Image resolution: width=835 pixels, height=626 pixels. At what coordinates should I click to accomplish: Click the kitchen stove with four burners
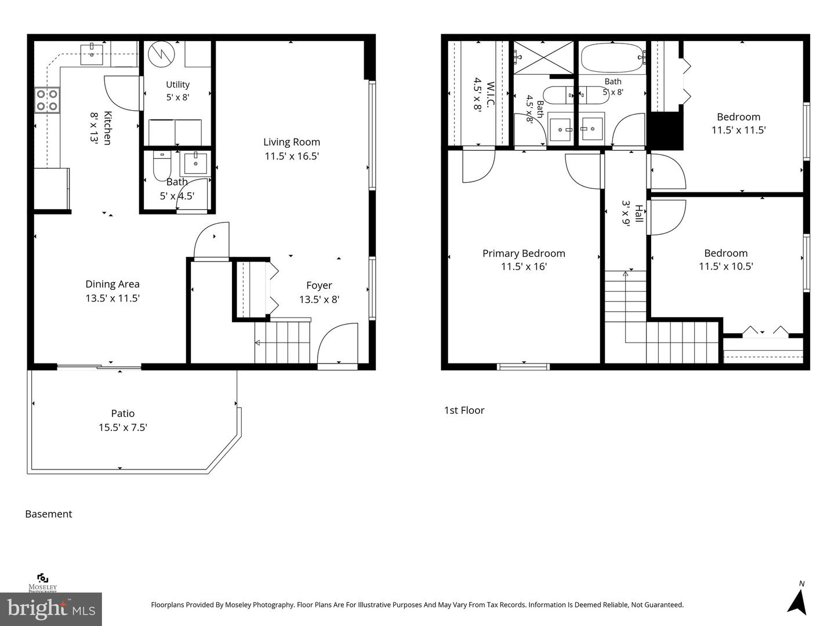point(47,100)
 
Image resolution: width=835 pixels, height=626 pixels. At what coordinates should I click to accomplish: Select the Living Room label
point(292,142)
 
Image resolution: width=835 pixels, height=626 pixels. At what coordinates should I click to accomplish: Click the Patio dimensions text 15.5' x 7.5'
point(123,428)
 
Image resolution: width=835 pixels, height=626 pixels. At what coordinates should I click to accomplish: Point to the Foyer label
point(319,285)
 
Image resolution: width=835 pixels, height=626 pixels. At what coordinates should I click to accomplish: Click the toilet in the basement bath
point(162,166)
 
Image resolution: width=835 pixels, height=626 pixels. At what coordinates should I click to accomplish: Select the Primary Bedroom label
point(524,253)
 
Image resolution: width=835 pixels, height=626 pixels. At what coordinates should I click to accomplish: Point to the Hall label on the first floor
point(638,214)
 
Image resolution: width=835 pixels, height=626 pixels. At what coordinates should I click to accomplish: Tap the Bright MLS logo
point(51,609)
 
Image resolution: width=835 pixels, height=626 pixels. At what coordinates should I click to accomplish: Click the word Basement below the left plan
point(49,514)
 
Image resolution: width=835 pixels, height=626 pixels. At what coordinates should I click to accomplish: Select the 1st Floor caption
point(464,410)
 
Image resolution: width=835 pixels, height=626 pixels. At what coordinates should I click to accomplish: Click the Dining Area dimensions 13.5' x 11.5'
point(112,298)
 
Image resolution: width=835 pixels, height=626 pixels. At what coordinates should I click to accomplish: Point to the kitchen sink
point(92,54)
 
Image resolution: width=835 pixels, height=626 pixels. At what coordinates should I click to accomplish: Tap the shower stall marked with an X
point(543,57)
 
